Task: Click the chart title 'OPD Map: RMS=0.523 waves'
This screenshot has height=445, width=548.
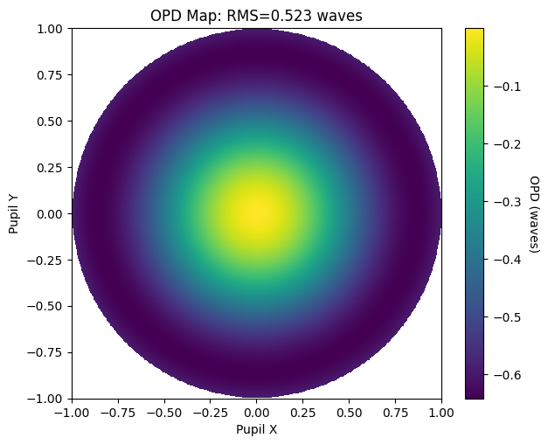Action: coord(256,16)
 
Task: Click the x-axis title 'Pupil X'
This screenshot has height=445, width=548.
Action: coord(257,429)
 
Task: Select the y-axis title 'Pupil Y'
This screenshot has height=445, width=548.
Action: coord(13,213)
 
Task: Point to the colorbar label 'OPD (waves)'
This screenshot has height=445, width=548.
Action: coord(535,213)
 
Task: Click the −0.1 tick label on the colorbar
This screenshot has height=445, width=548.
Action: coord(507,87)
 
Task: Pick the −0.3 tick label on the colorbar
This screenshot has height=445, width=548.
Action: coord(507,202)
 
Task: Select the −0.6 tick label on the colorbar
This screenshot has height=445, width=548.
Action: coord(507,375)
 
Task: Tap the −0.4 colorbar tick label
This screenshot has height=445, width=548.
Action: coord(507,260)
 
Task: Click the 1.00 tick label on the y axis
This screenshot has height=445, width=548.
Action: coord(50,29)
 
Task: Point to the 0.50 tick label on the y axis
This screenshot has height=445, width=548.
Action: coord(50,122)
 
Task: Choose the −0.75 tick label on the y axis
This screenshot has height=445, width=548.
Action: coord(45,352)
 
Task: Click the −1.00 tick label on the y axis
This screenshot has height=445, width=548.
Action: coord(45,399)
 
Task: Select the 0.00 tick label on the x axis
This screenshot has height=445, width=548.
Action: coord(257,413)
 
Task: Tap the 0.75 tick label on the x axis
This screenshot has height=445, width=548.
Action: coord(395,413)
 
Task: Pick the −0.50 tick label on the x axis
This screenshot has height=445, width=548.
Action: coord(164,413)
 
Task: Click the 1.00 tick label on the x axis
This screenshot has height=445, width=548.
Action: coord(441,413)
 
